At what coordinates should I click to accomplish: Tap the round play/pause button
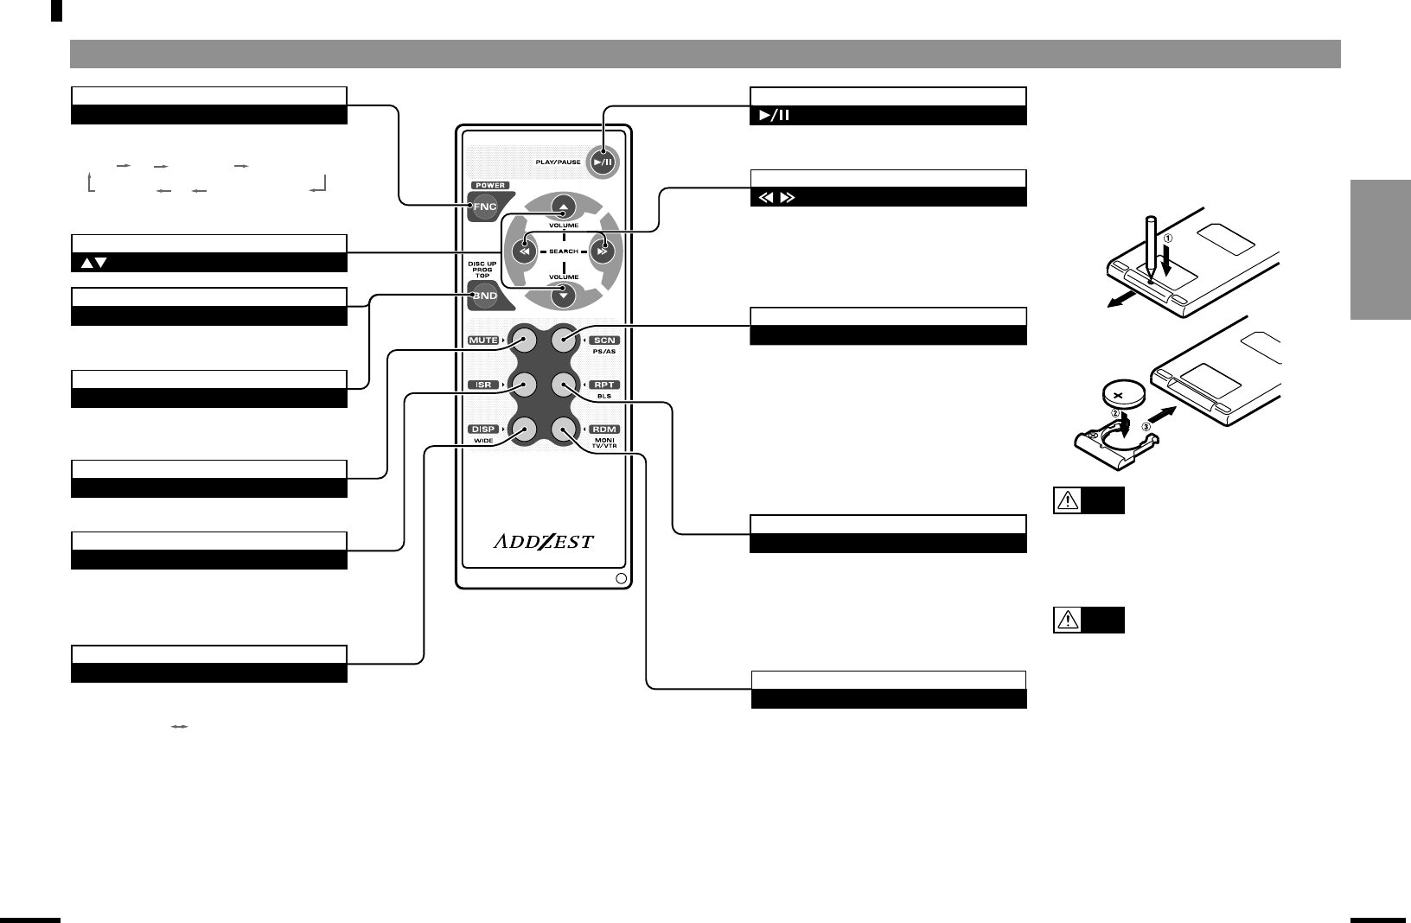pyautogui.click(x=603, y=162)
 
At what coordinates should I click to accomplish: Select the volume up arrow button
pyautogui.click(x=563, y=207)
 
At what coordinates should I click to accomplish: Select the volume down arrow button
pyautogui.click(x=563, y=295)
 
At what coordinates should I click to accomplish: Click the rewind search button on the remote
pyautogui.click(x=522, y=251)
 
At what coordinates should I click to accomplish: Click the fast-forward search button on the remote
pyautogui.click(x=603, y=251)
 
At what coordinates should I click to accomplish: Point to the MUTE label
pyautogui.click(x=483, y=341)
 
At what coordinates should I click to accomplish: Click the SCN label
pyautogui.click(x=604, y=341)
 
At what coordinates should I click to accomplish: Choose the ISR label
pyautogui.click(x=483, y=385)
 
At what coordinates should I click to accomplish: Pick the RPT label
pyautogui.click(x=604, y=385)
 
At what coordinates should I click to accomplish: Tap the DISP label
pyautogui.click(x=483, y=430)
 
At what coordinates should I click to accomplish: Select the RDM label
pyautogui.click(x=604, y=430)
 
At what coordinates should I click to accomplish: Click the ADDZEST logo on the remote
pyautogui.click(x=544, y=542)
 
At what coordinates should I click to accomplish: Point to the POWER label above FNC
pyautogui.click(x=489, y=186)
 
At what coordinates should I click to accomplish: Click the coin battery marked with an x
pyautogui.click(x=1123, y=395)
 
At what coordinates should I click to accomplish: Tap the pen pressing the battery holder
pyautogui.click(x=1150, y=246)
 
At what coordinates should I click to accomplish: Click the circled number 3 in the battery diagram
pyautogui.click(x=1147, y=425)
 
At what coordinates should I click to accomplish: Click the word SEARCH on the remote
pyautogui.click(x=563, y=251)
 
